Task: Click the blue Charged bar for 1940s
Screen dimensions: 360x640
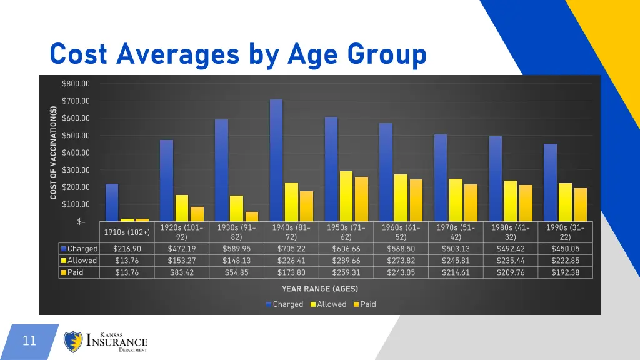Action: (276, 159)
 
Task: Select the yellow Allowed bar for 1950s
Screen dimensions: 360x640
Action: (346, 196)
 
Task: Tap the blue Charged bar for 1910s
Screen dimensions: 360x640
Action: (112, 202)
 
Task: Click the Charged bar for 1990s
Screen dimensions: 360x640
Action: (550, 182)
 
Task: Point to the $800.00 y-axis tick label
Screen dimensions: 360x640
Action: (76, 84)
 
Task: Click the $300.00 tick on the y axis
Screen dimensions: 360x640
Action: (76, 170)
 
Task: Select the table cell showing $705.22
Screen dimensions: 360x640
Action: (291, 249)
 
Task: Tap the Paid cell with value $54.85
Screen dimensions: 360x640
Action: (236, 272)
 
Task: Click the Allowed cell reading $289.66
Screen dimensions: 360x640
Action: (346, 261)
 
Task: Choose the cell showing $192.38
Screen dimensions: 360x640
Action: (565, 272)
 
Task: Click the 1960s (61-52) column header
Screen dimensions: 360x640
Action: (401, 232)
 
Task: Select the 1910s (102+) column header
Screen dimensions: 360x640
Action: (127, 232)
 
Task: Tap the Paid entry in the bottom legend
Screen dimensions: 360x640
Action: (367, 304)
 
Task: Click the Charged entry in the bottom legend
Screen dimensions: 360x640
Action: (287, 304)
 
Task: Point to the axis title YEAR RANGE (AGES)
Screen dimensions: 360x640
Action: (319, 289)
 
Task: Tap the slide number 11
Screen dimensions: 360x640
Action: (29, 341)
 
